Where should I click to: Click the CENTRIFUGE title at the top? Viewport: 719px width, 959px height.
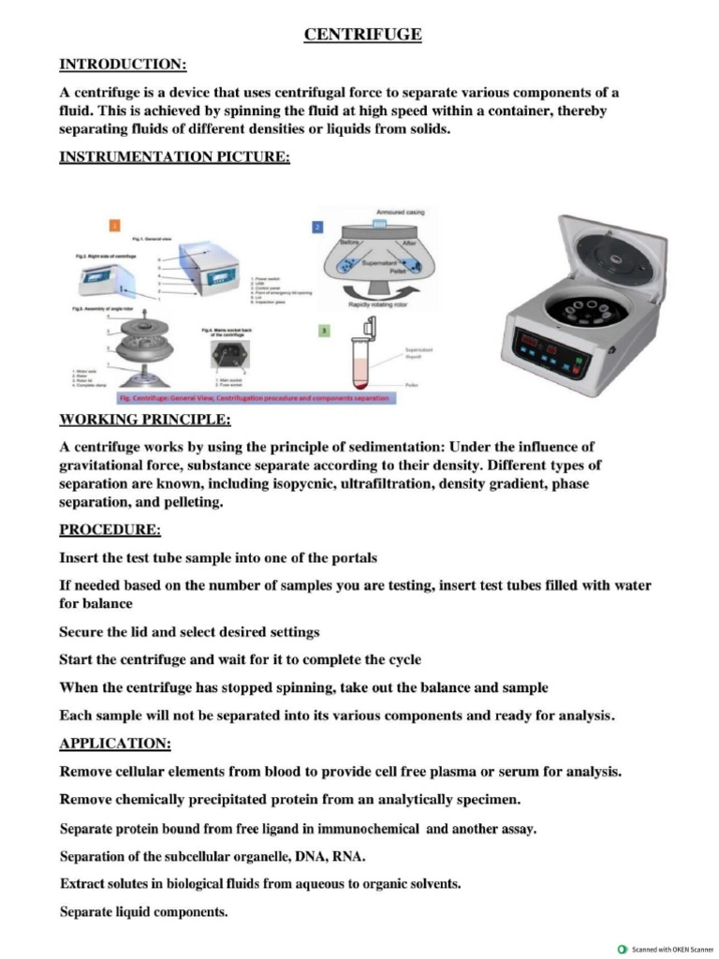pyautogui.click(x=362, y=35)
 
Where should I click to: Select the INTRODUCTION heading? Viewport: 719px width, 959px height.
pyautogui.click(x=123, y=64)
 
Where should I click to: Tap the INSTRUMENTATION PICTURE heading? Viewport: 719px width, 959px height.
pyautogui.click(x=174, y=156)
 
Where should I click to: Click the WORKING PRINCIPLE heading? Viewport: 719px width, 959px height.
pyautogui.click(x=145, y=418)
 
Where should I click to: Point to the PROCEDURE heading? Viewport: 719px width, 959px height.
pyautogui.click(x=110, y=529)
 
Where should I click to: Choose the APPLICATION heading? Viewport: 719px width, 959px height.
pyautogui.click(x=115, y=744)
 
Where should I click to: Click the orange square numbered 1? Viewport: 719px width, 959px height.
pyautogui.click(x=114, y=226)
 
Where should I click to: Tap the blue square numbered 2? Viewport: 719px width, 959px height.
pyautogui.click(x=317, y=226)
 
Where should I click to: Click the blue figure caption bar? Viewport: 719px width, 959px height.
pyautogui.click(x=235, y=398)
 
